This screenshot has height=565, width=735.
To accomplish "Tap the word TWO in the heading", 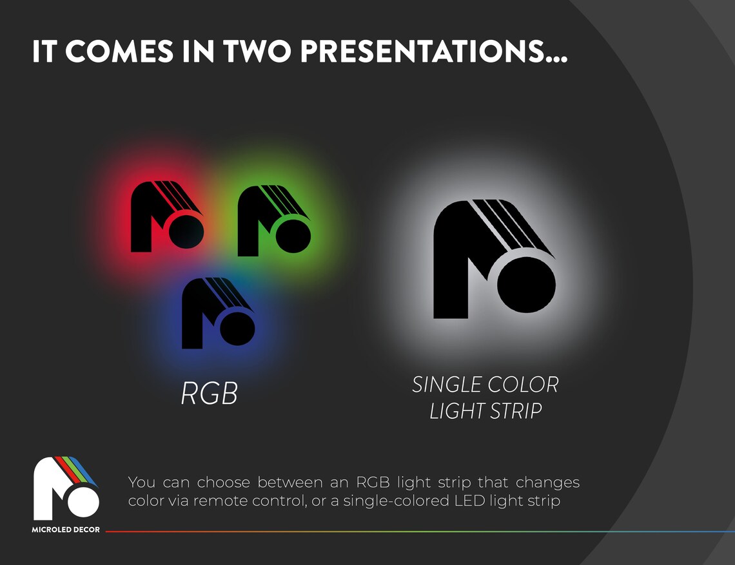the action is tap(257, 51).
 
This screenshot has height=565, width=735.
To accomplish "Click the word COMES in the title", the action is tap(119, 51).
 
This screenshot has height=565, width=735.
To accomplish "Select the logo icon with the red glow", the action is tap(167, 216).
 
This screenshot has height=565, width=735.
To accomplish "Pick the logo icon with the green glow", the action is tap(274, 221).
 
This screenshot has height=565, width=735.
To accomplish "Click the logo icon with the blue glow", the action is tap(218, 313).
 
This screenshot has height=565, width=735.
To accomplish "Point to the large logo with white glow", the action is tap(495, 259).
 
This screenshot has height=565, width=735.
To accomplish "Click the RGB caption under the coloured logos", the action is tap(210, 393).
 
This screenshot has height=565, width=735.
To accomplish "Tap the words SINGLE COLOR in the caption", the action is tap(485, 385).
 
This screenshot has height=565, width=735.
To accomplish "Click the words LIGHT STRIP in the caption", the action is tap(485, 411).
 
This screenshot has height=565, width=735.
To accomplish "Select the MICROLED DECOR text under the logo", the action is tap(66, 530).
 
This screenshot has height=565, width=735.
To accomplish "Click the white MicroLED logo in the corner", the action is tap(66, 488).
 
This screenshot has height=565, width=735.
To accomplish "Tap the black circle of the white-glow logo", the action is tap(526, 284).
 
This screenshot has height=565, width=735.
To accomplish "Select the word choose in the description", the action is tap(224, 482).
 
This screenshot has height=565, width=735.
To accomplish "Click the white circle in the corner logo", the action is tap(83, 501).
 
